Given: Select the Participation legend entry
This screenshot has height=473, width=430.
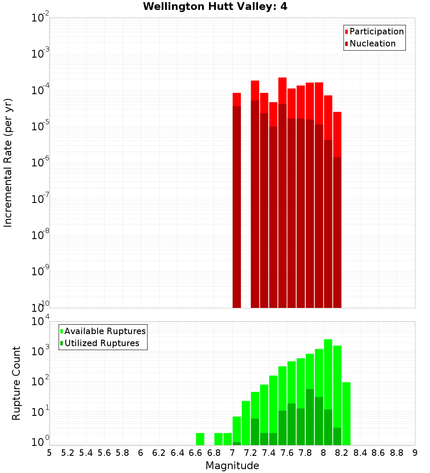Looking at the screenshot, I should pos(377,31).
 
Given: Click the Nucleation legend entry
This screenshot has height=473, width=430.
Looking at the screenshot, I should pos(372,43).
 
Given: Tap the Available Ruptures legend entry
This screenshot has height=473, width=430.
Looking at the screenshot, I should pos(105,331).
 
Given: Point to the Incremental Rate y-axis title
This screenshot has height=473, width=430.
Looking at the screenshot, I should pos(8,163).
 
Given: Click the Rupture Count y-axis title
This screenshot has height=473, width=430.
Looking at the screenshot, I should pos(16,383).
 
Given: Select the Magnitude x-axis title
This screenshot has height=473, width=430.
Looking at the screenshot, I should pos(232,466).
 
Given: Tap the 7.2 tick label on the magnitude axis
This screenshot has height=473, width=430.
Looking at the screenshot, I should pos(251,453).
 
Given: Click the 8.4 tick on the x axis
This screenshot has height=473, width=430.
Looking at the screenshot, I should pos(360,453).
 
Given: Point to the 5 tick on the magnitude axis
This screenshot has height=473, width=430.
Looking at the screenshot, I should pos(49,453).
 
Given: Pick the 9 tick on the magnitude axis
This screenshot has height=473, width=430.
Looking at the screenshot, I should pos(415,453).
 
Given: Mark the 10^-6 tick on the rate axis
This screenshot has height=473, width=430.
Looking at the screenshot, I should pos(40,163).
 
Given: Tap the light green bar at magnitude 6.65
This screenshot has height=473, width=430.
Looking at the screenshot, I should pos(200,439).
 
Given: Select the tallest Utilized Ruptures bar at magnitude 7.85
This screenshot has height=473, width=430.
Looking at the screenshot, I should pos(310,417).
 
